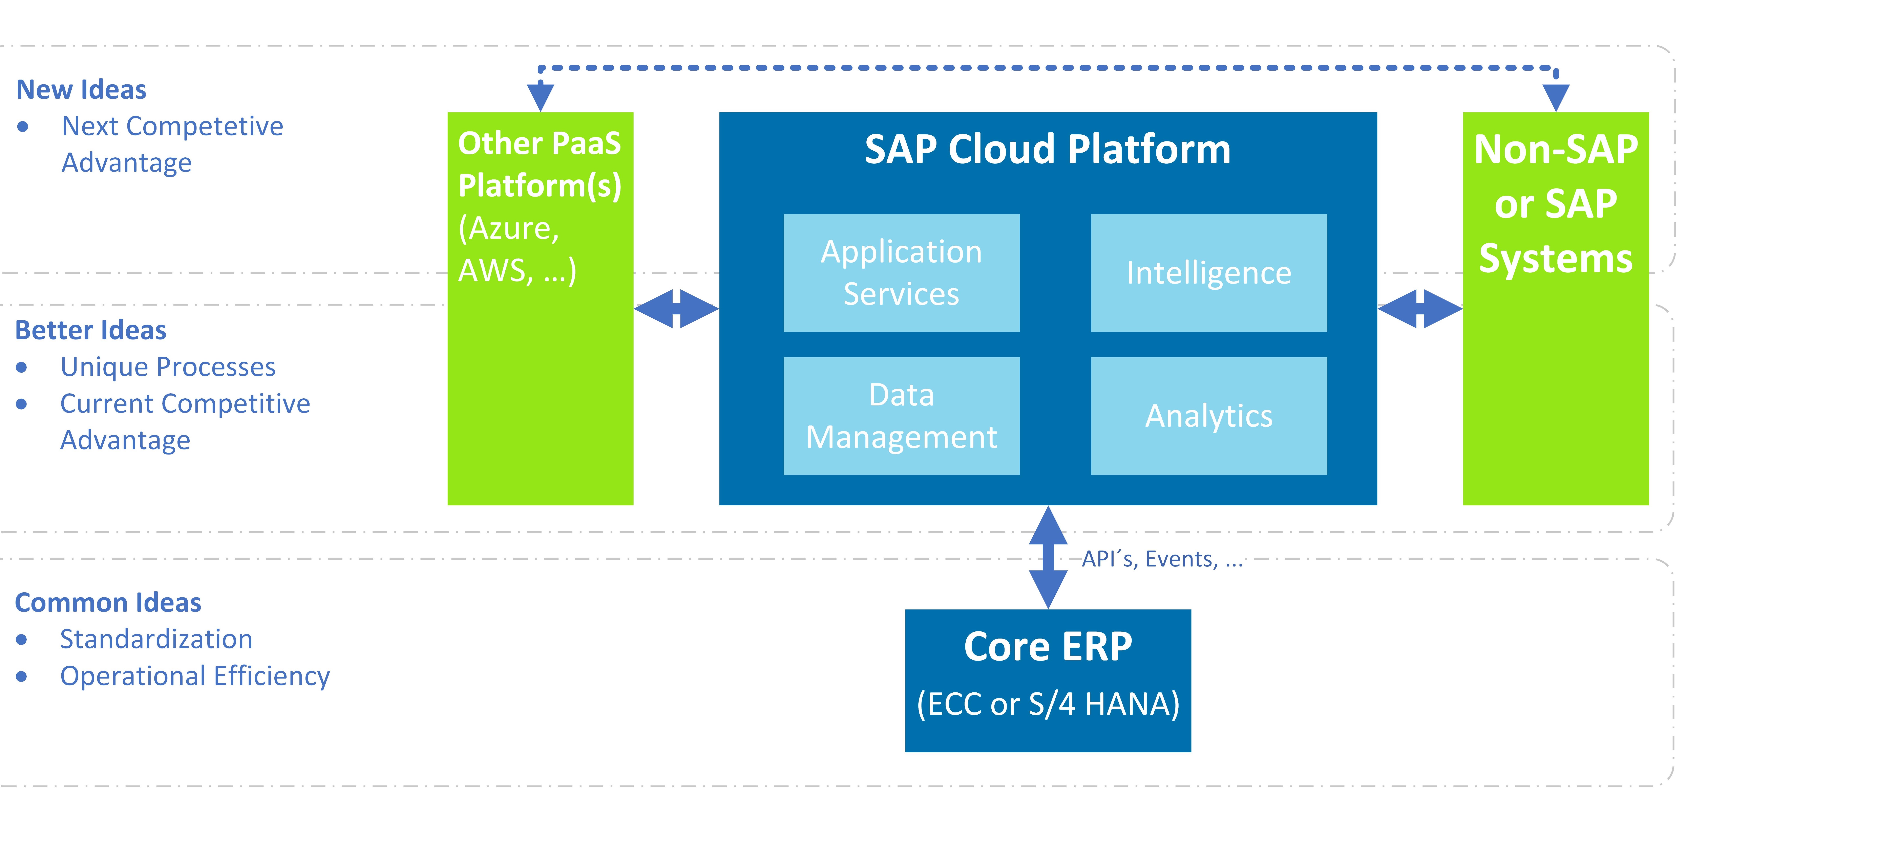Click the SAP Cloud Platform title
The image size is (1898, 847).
pyautogui.click(x=1047, y=150)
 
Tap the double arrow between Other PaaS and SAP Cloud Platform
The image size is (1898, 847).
pyautogui.click(x=676, y=309)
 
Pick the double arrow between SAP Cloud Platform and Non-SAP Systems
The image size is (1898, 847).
pyautogui.click(x=1419, y=309)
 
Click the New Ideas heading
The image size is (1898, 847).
pyautogui.click(x=81, y=90)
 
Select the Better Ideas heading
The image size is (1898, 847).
pyautogui.click(x=91, y=330)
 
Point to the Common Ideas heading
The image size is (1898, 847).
pyautogui.click(x=108, y=602)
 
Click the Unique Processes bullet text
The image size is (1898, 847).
pyautogui.click(x=168, y=367)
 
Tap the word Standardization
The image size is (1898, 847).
pyautogui.click(x=156, y=639)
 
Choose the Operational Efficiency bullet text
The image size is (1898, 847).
pyautogui.click(x=194, y=676)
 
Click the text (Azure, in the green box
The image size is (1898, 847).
pyautogui.click(x=508, y=228)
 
